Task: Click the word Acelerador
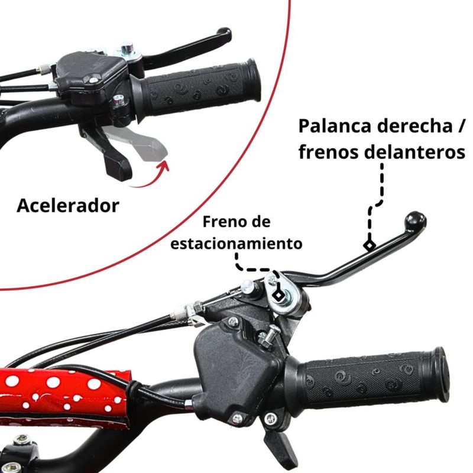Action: coord(68,206)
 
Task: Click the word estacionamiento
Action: coord(237,243)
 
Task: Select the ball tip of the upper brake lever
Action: coord(224,34)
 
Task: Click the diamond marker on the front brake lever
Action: coord(370,245)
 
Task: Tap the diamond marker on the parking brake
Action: coord(278,294)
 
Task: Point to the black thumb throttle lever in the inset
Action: coord(107,153)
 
